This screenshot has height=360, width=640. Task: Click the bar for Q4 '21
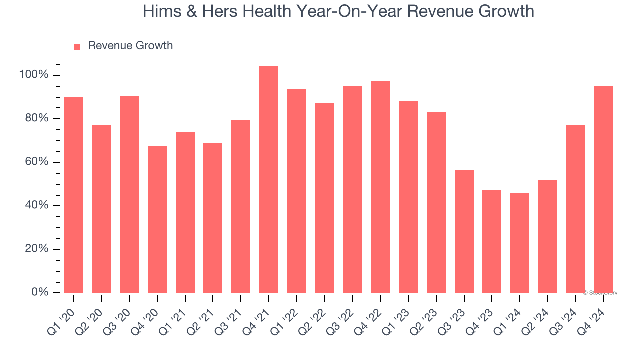[269, 180]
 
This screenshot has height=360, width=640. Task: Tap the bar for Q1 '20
[73, 195]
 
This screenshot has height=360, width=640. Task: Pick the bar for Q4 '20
[157, 220]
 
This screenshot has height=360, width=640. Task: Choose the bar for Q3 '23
[464, 231]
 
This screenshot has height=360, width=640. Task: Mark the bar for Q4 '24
[603, 190]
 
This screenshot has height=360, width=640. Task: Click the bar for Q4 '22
[380, 187]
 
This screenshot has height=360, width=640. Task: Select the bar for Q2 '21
[213, 218]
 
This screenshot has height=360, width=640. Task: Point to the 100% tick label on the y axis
[34, 75]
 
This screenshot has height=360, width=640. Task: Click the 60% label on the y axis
[36, 162]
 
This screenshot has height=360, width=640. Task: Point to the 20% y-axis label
[36, 249]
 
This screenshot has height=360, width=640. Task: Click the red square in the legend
[77, 46]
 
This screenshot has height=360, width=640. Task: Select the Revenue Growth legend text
[130, 46]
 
